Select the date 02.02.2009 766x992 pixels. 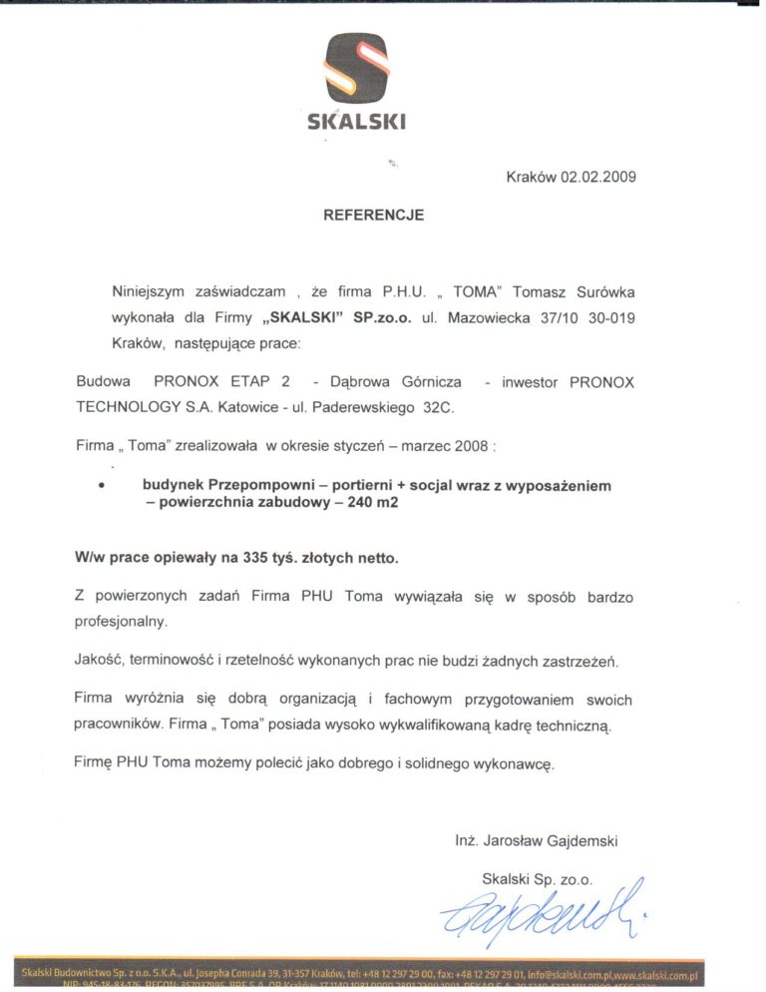point(597,177)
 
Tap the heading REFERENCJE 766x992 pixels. point(373,215)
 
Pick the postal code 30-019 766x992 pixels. point(609,317)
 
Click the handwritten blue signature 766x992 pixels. point(539,911)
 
